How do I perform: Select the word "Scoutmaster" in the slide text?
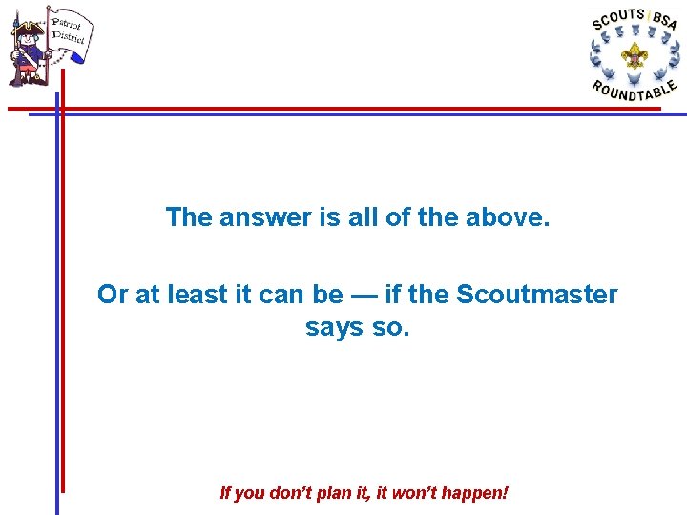pos(537,295)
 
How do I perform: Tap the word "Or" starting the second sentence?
pos(113,295)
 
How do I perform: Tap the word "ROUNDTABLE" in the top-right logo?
pos(634,90)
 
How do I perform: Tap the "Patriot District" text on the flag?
pos(68,31)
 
